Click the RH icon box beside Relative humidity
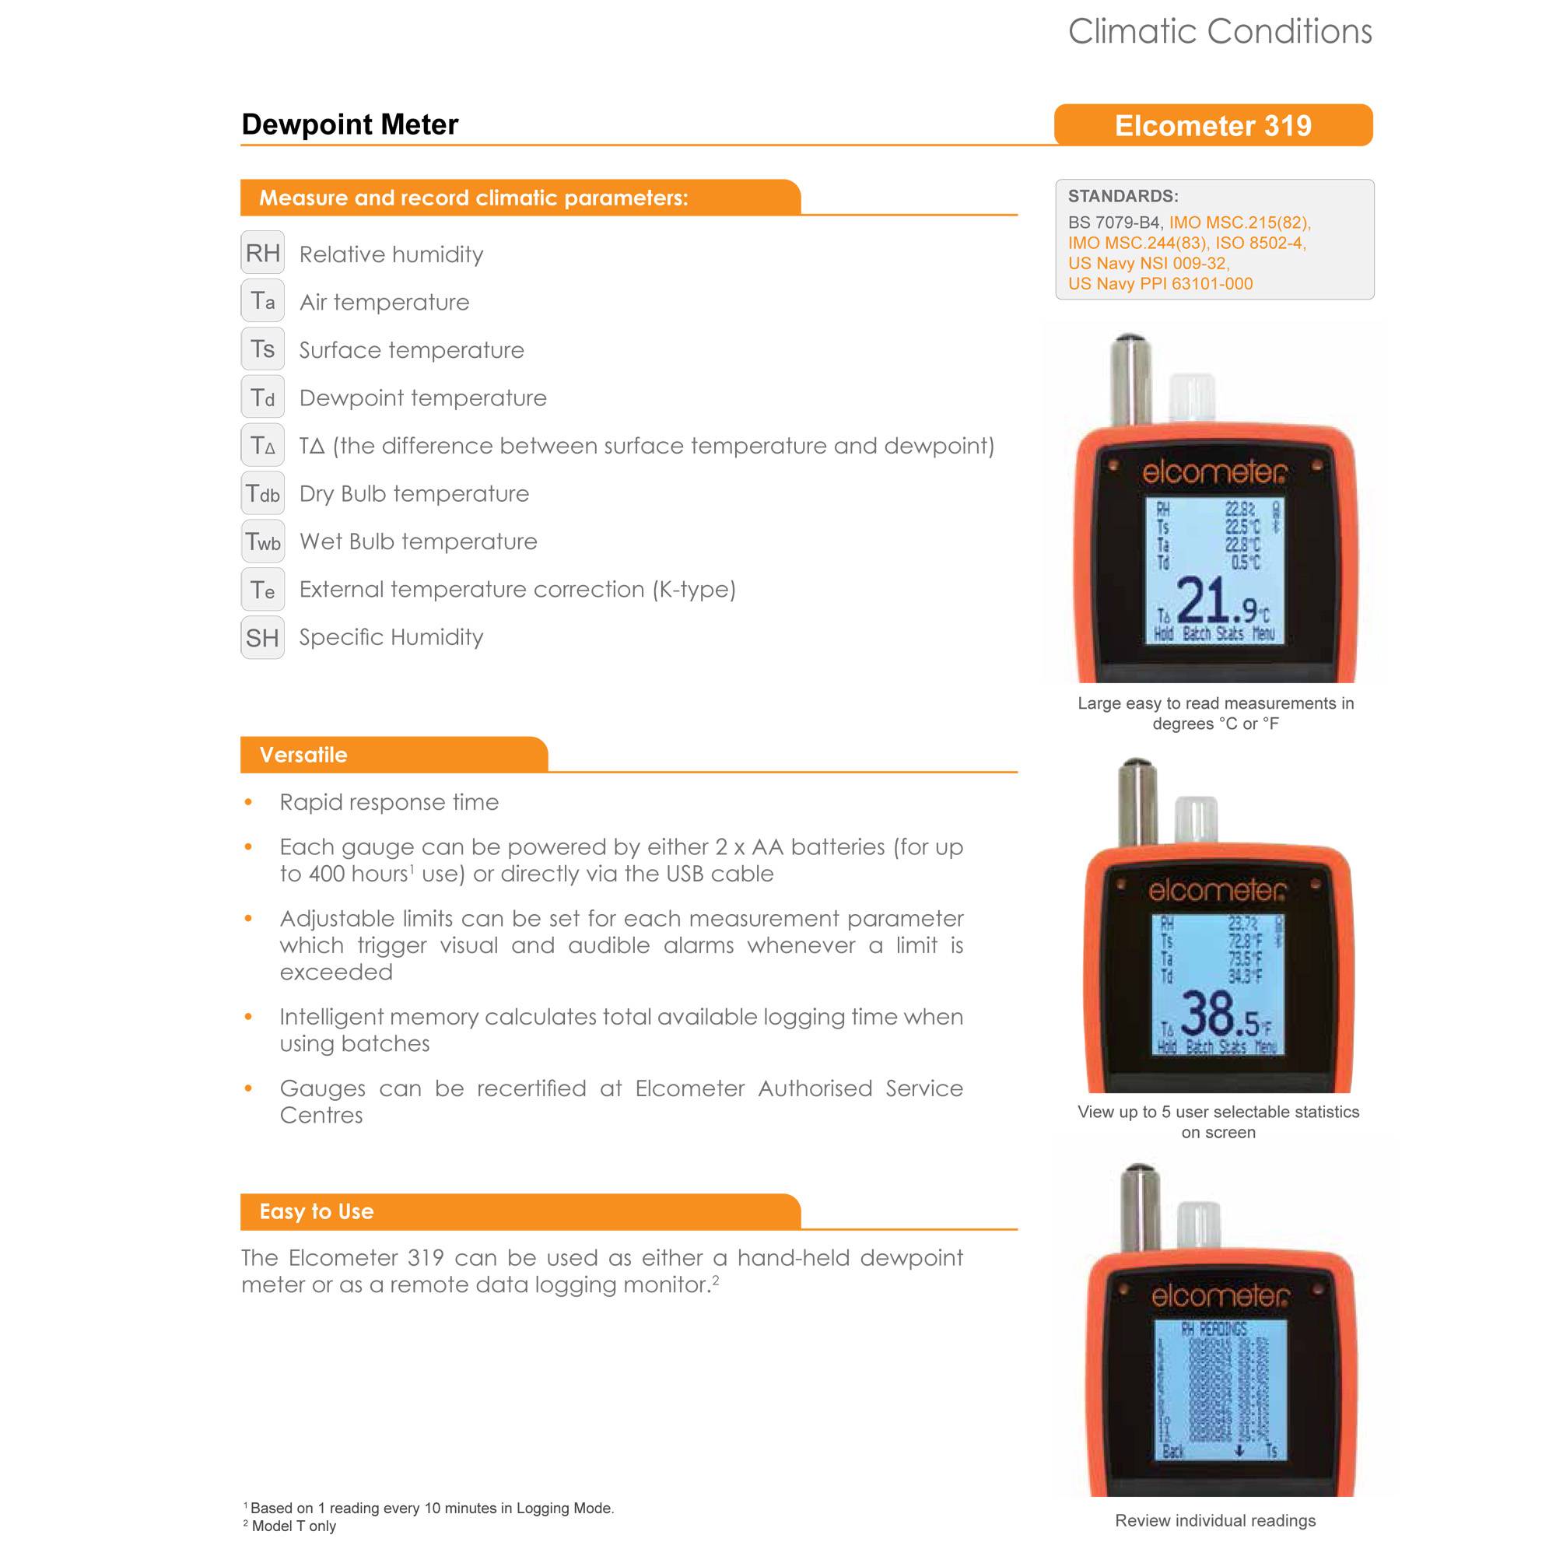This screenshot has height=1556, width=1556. [x=262, y=253]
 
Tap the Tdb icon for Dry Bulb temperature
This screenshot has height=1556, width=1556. [x=262, y=493]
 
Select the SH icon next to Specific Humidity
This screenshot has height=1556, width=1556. [x=262, y=638]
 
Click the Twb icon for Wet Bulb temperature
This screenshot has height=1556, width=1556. [x=262, y=541]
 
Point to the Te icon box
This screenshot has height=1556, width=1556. [x=262, y=590]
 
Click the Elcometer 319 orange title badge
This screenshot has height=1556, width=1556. [x=1213, y=125]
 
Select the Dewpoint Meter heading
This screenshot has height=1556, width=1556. [x=349, y=124]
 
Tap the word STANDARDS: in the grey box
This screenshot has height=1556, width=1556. [x=1123, y=196]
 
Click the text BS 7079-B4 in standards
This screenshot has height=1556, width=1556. [x=1115, y=223]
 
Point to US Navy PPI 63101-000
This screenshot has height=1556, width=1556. [x=1160, y=283]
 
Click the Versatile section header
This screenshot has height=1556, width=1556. [x=303, y=755]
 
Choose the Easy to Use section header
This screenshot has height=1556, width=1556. [x=317, y=1211]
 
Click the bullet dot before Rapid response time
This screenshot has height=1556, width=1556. [x=248, y=802]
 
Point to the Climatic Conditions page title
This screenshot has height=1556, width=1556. [x=1219, y=31]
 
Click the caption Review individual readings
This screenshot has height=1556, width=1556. [x=1214, y=1520]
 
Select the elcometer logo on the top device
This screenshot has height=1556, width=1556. [x=1214, y=474]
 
